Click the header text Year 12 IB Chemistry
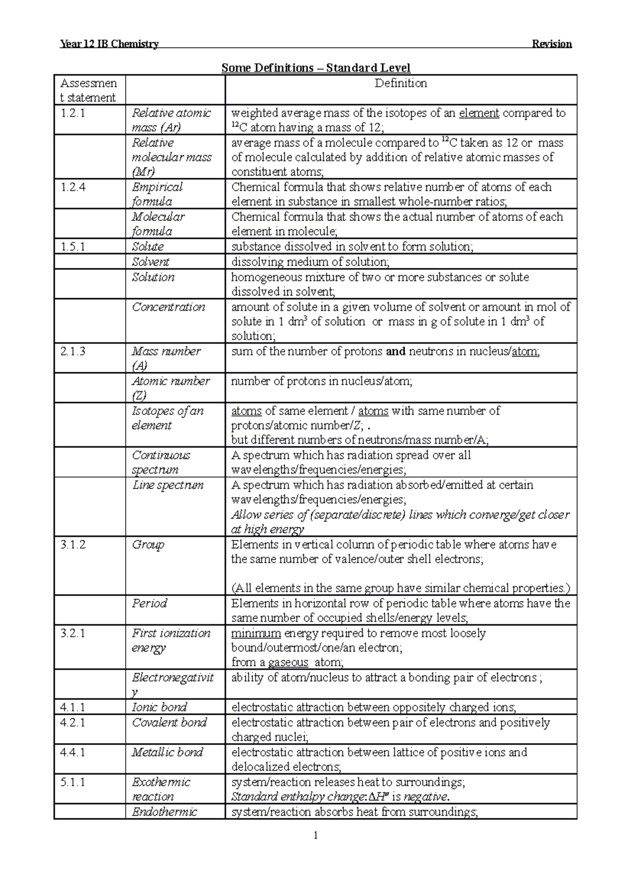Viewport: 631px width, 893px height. tap(109, 44)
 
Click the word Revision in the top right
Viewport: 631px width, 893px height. tap(552, 44)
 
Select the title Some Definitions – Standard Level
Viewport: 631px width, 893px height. tap(315, 68)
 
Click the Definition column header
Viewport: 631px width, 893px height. tap(401, 83)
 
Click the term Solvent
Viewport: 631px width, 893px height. tap(150, 262)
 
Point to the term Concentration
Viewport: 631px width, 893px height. tap(168, 307)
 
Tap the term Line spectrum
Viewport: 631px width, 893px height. tap(167, 485)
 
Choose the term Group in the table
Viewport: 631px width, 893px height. tap(148, 545)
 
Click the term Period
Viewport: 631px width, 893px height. tap(149, 603)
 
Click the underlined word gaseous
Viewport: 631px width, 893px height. tap(288, 663)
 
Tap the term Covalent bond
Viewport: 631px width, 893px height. tap(169, 723)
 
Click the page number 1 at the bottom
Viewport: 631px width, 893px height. tap(315, 835)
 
